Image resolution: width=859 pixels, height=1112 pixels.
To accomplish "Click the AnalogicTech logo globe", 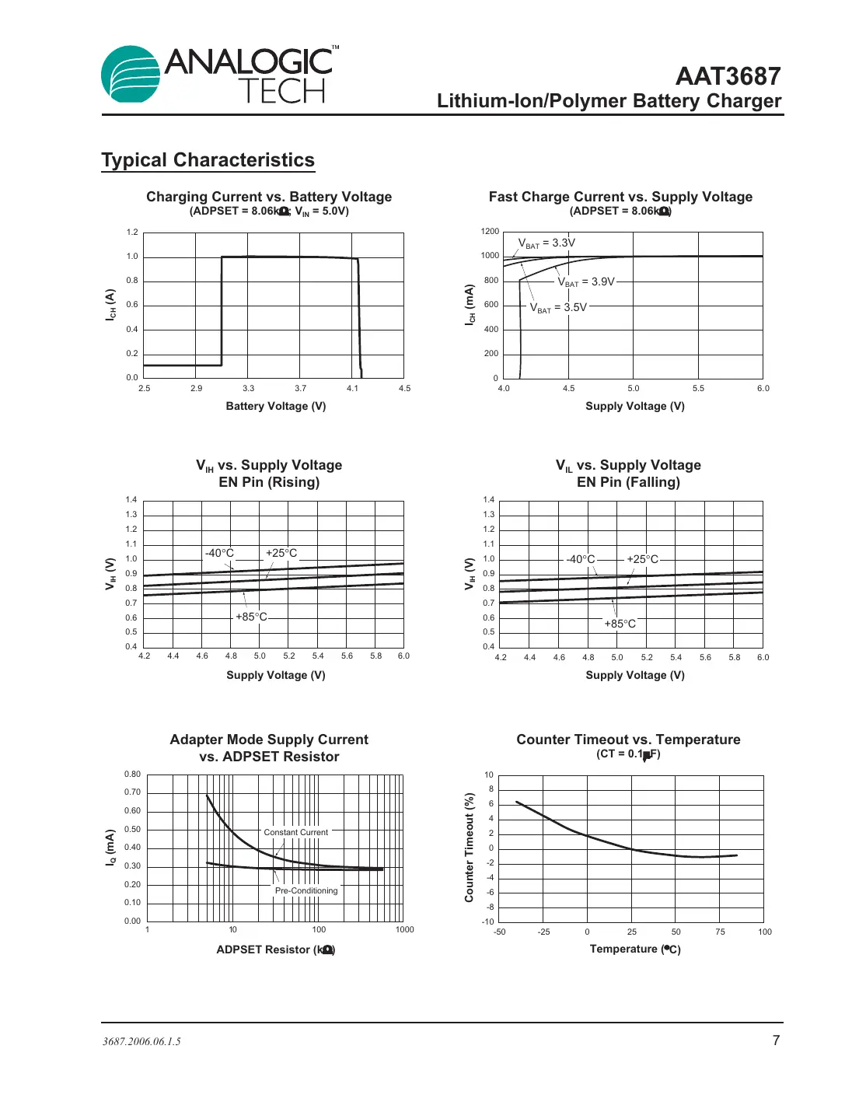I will click(131, 74).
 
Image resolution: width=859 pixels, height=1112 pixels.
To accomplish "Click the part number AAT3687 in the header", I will click(728, 76).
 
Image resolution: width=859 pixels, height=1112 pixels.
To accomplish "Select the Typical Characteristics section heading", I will click(208, 160).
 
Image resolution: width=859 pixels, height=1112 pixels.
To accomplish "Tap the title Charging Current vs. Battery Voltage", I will click(269, 197).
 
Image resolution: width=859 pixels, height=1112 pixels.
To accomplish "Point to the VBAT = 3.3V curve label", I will click(546, 243).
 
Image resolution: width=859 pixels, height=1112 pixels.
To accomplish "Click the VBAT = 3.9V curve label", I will click(586, 282).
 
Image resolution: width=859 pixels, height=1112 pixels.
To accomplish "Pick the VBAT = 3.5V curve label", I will click(558, 308).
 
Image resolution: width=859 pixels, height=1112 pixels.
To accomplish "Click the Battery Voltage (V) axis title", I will click(276, 406).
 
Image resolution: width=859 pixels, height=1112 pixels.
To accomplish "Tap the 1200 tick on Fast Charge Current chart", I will click(490, 232).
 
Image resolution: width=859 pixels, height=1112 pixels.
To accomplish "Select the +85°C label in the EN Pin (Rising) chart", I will click(251, 617).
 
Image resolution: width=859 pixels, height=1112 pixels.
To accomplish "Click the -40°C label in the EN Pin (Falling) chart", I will click(580, 559).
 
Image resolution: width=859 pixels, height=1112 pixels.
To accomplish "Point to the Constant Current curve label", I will click(296, 832).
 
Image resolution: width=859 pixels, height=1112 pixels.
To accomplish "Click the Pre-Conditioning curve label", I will click(306, 890).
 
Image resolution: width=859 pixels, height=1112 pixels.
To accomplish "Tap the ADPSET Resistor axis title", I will click(276, 949).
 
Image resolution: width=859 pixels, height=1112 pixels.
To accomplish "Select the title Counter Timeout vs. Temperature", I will click(628, 740).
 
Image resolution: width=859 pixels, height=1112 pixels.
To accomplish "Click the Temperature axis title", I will click(635, 949).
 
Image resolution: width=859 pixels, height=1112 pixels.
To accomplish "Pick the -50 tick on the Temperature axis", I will click(500, 932).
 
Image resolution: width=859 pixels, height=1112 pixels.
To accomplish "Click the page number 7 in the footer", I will click(776, 1040).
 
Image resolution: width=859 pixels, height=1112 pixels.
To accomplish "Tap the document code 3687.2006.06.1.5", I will click(141, 1042).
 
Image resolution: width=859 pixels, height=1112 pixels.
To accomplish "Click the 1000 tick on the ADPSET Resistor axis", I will click(404, 930).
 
